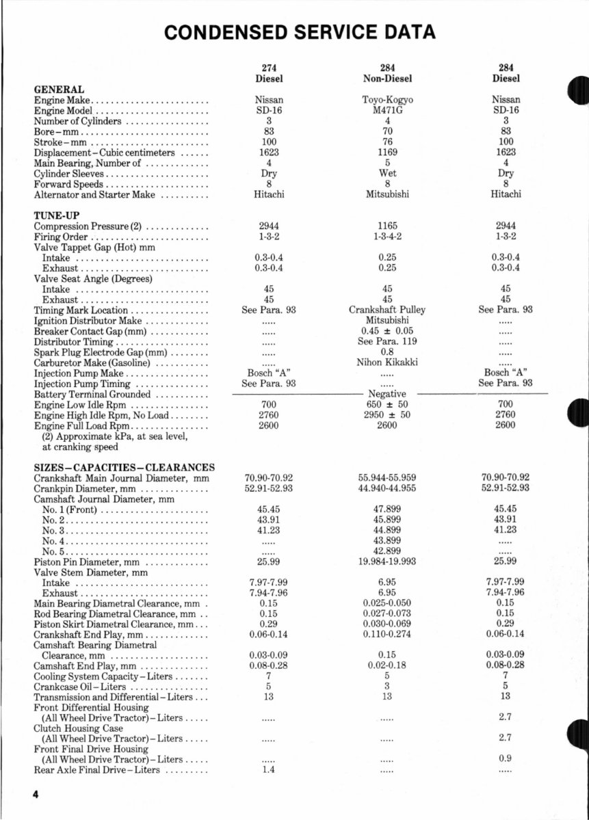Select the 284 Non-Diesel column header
(387, 73)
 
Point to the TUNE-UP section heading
(57, 216)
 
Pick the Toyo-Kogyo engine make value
(387, 100)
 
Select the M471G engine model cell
(387, 110)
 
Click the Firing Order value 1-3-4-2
(387, 237)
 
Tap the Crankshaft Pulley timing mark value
(387, 310)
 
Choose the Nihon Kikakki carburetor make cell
(387, 362)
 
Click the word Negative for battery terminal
(387, 394)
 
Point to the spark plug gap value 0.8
(387, 352)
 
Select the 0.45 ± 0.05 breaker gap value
(387, 331)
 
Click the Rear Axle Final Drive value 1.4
(268, 770)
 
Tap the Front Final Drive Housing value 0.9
(506, 759)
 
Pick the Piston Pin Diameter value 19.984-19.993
(387, 561)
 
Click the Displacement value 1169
(387, 153)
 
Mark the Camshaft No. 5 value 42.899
(387, 551)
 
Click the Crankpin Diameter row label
(88, 489)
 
